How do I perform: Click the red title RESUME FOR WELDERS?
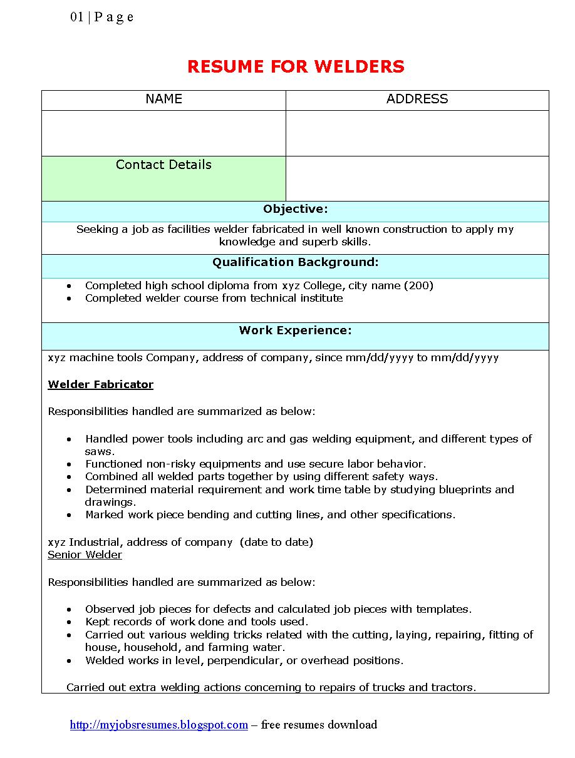[296, 66]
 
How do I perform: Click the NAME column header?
[163, 99]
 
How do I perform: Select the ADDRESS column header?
[417, 99]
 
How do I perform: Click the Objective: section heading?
[295, 209]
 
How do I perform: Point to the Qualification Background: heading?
[295, 262]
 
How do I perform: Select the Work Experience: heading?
[295, 330]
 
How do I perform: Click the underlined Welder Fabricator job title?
[100, 384]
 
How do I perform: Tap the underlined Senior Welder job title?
[85, 555]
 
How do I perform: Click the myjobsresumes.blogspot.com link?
[159, 725]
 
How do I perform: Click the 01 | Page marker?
[101, 17]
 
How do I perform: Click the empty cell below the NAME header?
[163, 133]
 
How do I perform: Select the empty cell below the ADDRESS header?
[417, 133]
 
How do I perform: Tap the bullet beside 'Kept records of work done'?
[70, 622]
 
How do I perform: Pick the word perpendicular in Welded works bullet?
[245, 660]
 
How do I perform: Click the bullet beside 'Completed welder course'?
[70, 299]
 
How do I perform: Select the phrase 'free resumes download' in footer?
[319, 725]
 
